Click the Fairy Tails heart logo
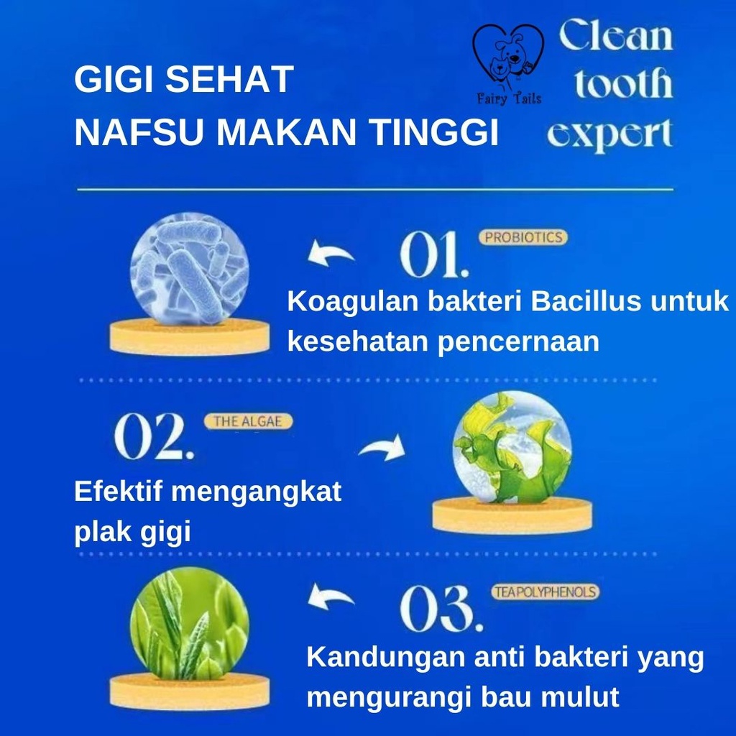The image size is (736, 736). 508,63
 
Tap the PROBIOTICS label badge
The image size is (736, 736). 523,237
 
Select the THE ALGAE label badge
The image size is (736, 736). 248,421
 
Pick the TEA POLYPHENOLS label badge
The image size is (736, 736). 546,592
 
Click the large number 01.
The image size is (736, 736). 434,254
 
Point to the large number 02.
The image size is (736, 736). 154,436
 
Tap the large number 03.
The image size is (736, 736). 441,608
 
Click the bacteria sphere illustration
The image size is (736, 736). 190,269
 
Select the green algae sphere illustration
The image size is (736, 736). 512,447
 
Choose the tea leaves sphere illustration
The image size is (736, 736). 190,625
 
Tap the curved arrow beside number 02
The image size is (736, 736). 382,447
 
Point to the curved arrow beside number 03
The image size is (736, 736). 331,596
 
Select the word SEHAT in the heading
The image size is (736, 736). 229,79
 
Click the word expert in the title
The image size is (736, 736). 609,134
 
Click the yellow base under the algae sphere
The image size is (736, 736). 512,515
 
